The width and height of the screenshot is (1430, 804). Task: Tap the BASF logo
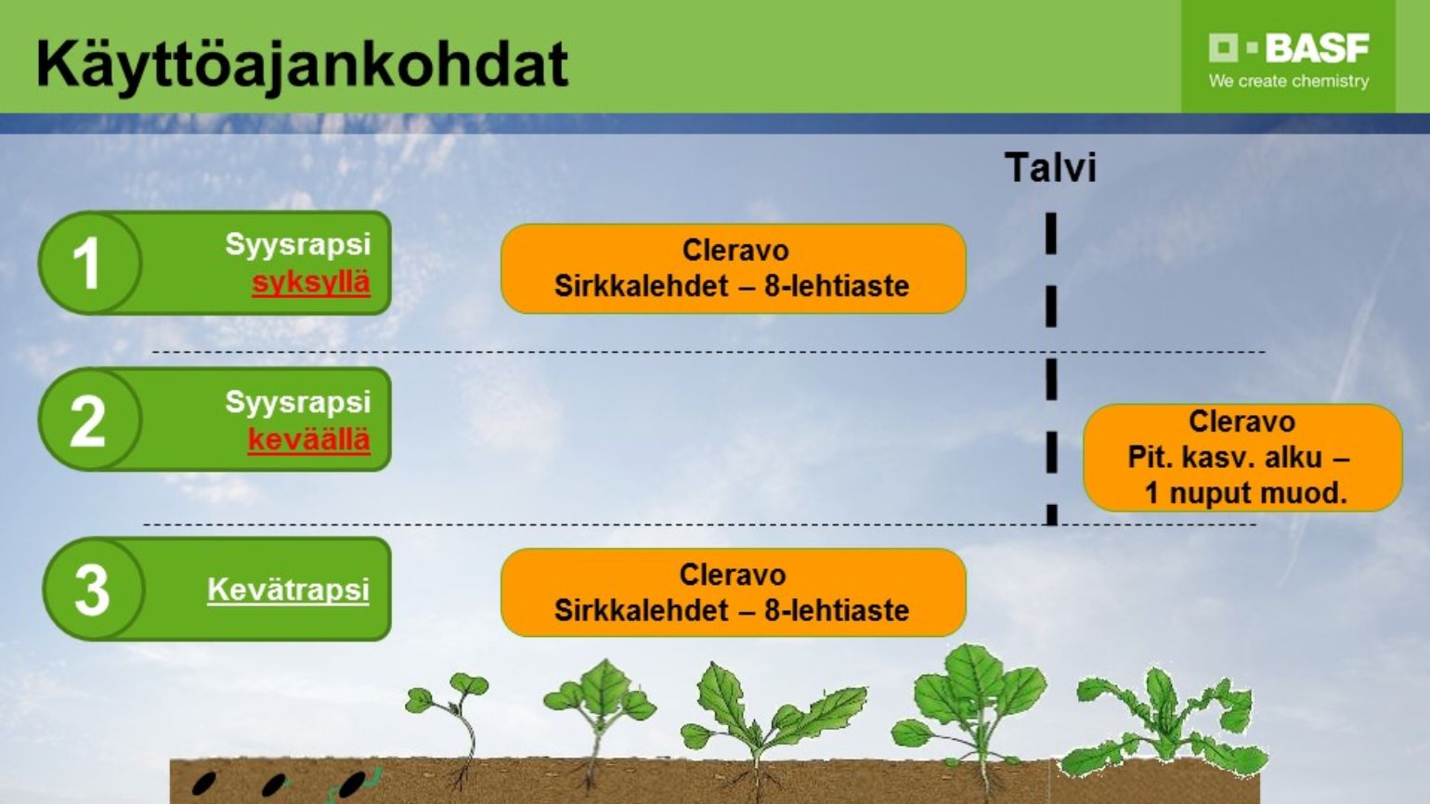tap(1288, 48)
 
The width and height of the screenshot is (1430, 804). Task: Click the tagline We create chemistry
tap(1288, 82)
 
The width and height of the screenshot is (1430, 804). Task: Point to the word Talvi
tap(1050, 167)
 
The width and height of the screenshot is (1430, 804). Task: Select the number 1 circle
tap(89, 262)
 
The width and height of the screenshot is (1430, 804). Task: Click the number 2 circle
tap(89, 420)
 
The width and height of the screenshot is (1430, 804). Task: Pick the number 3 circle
tap(93, 589)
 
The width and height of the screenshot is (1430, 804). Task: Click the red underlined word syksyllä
tap(311, 282)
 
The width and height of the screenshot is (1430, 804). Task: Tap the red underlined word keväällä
tap(309, 440)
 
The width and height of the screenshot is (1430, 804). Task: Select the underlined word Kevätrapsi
tap(289, 590)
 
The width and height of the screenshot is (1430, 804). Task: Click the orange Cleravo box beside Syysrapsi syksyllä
tap(734, 268)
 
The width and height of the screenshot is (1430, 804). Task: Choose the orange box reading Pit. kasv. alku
tap(1242, 458)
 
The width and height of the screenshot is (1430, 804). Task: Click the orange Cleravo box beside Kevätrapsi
tap(734, 592)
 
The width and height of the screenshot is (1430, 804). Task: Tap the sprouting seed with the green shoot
tap(355, 785)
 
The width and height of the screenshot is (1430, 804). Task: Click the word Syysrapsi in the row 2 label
tap(297, 402)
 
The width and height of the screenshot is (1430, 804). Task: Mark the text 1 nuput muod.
tap(1245, 493)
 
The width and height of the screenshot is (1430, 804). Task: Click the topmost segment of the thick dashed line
tap(1051, 234)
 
